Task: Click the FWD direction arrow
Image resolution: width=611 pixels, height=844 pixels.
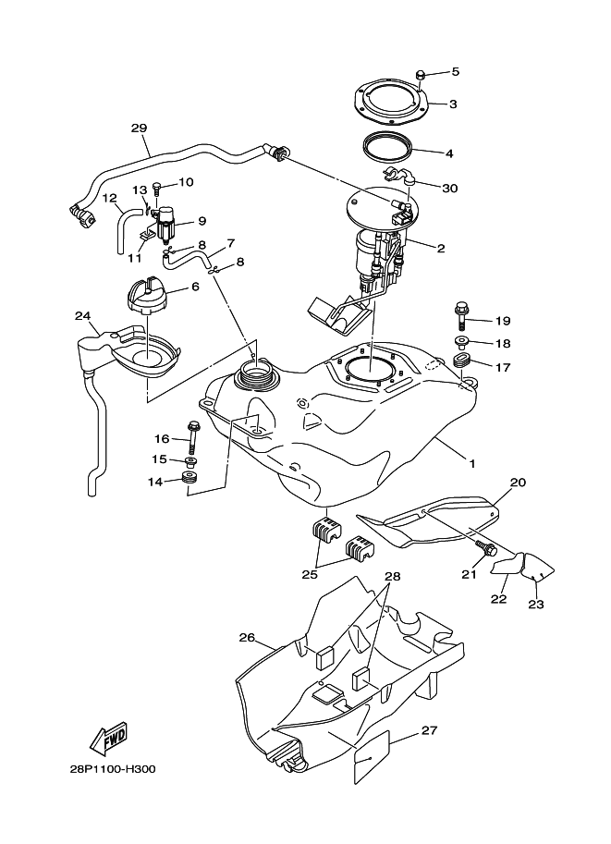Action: coord(108,739)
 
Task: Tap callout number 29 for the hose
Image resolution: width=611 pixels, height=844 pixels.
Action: coord(139,129)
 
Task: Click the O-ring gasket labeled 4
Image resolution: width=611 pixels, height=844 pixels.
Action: coord(390,146)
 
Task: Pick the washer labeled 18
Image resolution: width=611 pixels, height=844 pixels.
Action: coord(462,344)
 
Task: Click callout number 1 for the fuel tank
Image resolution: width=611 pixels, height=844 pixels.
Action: coord(471,462)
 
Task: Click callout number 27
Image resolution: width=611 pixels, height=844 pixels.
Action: coord(428,731)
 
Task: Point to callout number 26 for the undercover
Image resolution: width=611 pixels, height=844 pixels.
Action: coord(246,637)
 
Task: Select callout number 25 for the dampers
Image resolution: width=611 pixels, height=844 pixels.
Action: coord(309,574)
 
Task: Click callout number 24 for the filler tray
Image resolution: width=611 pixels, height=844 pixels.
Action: coord(83,316)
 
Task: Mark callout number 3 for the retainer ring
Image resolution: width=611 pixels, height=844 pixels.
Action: coord(453,104)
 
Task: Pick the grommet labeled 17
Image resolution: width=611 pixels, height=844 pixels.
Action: coord(464,362)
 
